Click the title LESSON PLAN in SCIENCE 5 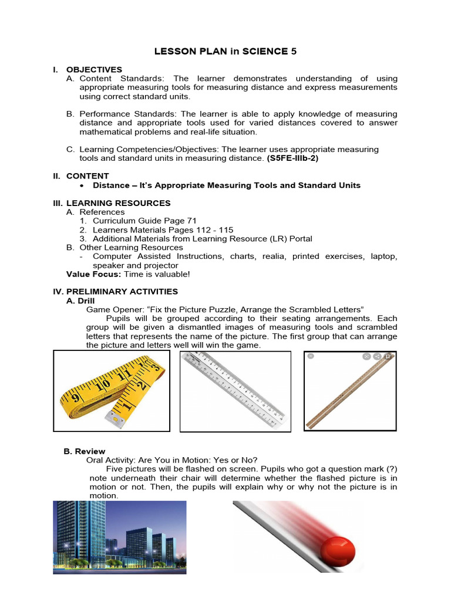225,51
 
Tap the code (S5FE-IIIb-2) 284,158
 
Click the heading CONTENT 87,175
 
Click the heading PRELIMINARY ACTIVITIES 122,291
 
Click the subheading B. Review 84,451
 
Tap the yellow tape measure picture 112,390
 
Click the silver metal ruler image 235,390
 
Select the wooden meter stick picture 350,390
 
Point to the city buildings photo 120,536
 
